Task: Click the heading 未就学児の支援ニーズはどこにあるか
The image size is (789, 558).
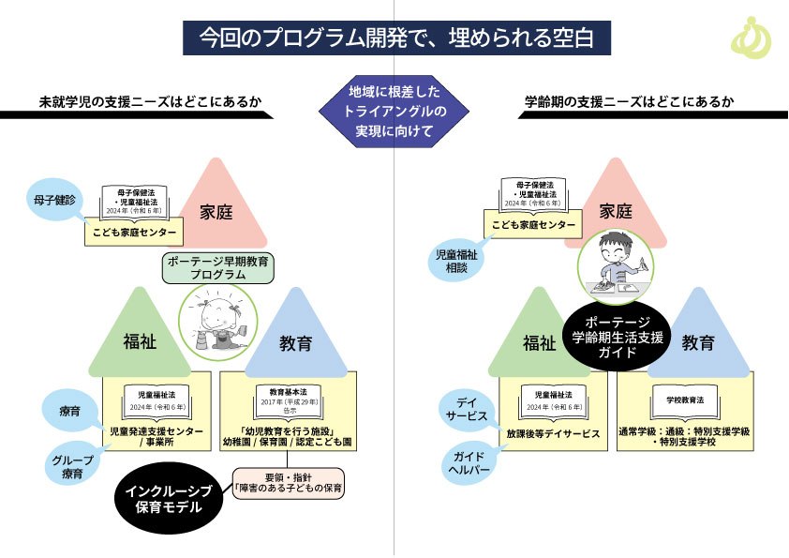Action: (137, 102)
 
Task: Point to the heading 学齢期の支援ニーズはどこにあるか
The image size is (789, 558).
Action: (629, 102)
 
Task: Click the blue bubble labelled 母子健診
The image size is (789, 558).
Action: (56, 199)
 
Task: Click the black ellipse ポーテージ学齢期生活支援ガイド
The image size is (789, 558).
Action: (618, 337)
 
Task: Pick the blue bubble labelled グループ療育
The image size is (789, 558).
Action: (71, 467)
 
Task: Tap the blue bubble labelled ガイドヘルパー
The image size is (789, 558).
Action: (469, 462)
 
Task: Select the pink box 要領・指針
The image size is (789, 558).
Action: (289, 481)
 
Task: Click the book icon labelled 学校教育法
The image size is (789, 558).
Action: (685, 401)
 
